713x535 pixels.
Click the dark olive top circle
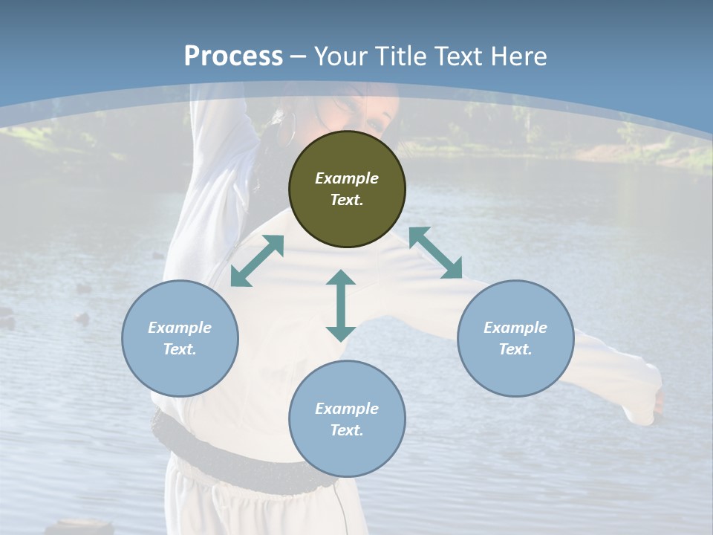coord(347,189)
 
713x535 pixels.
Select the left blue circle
coord(180,338)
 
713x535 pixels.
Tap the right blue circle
coord(515,338)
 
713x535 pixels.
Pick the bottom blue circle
coord(347,419)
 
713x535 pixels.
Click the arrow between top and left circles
coord(257,261)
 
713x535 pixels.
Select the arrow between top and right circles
coord(435,253)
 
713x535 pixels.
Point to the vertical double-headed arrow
coord(341,305)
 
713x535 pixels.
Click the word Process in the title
coord(233,56)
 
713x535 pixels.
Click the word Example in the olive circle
coord(347,178)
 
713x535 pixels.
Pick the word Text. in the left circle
coord(180,349)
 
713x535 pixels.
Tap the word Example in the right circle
coord(515,328)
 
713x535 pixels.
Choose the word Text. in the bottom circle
coord(347,430)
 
